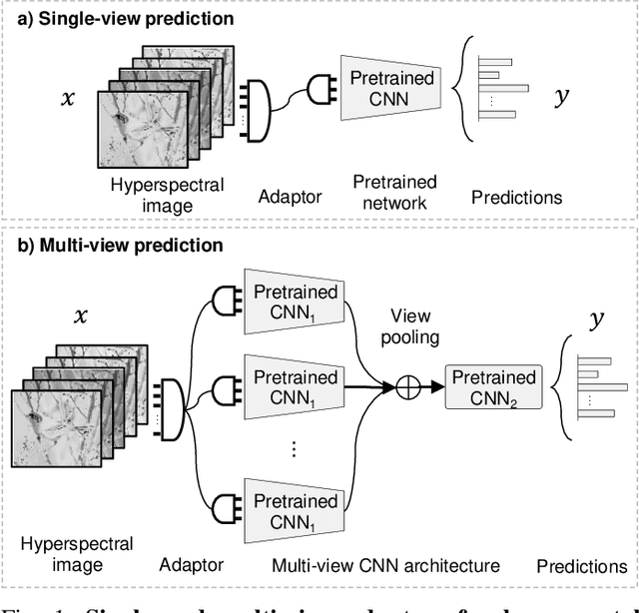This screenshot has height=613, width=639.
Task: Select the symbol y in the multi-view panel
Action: [596, 322]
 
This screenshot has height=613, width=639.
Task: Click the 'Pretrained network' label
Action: [394, 193]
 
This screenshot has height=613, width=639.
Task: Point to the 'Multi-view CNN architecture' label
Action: [385, 566]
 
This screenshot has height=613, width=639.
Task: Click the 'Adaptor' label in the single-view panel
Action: [290, 196]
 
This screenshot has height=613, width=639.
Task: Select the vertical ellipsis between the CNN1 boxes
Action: [295, 448]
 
